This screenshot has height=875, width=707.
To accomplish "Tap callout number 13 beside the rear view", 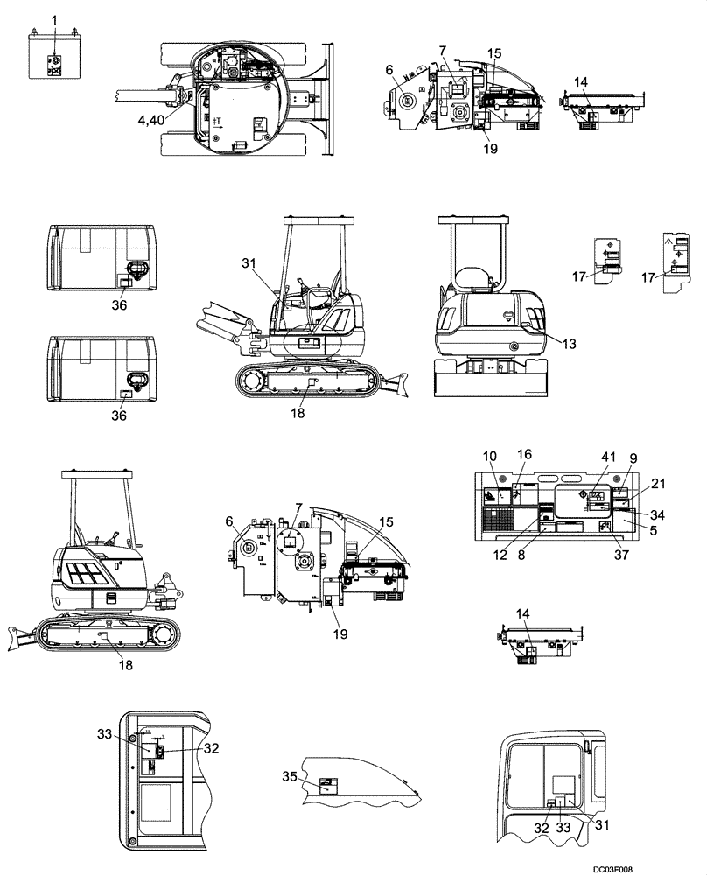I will (570, 343).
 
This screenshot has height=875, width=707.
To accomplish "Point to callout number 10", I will (490, 456).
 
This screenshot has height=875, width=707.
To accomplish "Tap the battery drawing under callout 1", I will (52, 57).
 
